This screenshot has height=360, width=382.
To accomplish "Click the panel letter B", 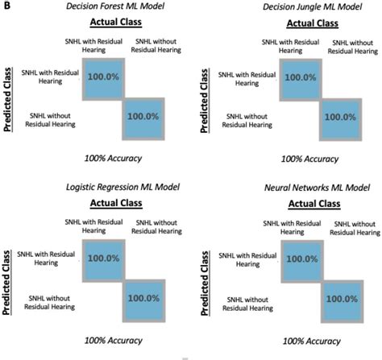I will tap(6, 6).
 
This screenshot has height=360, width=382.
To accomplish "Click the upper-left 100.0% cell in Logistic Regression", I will tap(102, 258).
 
